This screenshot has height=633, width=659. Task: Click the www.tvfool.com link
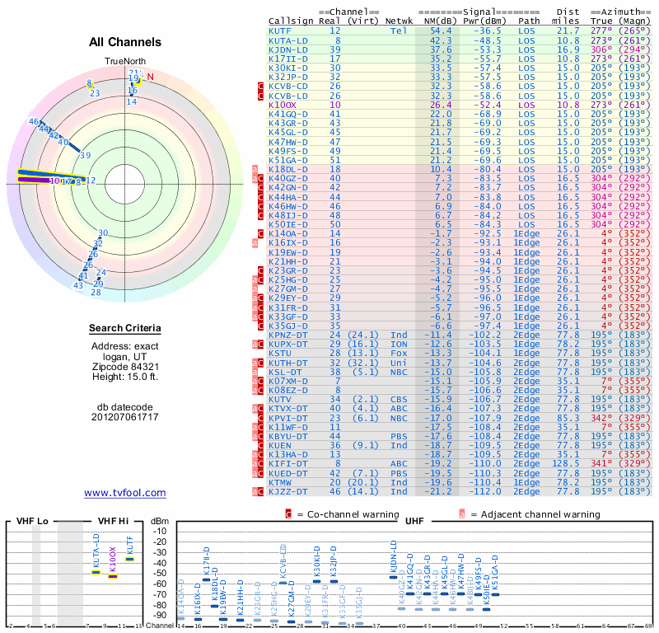125,493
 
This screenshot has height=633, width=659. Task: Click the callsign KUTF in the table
279,30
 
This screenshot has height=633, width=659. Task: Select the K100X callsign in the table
283,105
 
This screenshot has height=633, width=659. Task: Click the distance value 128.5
568,464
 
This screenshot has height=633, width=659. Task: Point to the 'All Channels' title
125,41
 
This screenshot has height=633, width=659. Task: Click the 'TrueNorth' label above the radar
124,62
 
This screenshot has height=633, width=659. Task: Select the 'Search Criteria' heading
125,329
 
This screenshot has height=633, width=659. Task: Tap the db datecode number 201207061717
125,417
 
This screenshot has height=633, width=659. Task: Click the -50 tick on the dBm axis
160,573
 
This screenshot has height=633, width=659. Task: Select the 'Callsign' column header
291,21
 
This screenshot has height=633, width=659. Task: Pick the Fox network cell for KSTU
400,354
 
